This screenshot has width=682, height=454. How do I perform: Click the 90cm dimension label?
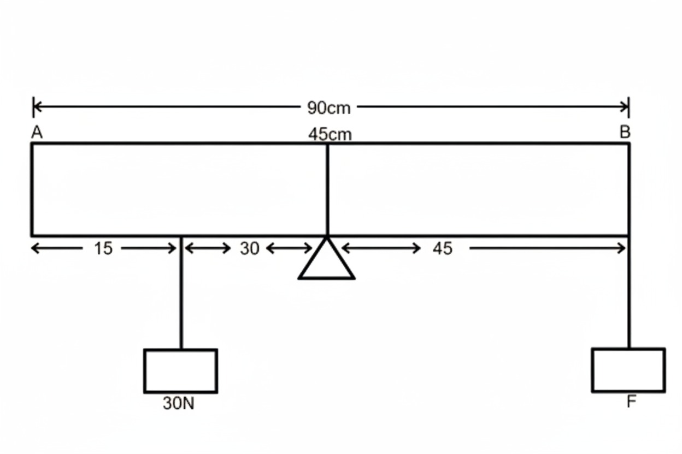pos(328,108)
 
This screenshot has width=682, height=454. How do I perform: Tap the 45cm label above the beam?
pos(330,134)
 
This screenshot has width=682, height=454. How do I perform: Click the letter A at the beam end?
pos(37,133)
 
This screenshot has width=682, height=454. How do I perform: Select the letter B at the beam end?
pos(625,132)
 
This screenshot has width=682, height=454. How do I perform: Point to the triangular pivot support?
pos(326,262)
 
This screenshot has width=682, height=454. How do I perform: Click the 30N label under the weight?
pos(178,404)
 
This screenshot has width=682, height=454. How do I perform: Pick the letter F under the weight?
pos(631,402)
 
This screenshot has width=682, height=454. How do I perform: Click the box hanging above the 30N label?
pos(180,371)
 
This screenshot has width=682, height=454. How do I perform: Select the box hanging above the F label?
pos(628,370)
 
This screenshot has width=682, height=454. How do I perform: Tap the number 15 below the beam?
pos(103,249)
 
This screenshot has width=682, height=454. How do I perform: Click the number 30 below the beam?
pos(249,249)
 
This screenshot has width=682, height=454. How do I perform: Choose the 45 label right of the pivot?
pos(442,249)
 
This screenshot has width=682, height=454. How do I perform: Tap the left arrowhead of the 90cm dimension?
pos(37,107)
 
